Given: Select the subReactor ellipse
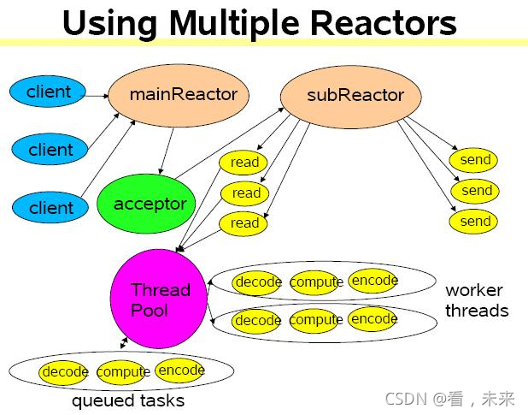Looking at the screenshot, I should (354, 94).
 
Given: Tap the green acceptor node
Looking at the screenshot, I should (150, 204).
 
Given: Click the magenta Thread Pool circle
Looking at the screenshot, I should (159, 298).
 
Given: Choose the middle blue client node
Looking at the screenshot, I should (50, 150).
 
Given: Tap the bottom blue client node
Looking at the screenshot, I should (50, 207).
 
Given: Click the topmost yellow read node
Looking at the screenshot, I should (244, 162).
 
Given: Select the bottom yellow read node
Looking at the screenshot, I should (244, 222).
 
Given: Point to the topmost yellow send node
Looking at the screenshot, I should (475, 160).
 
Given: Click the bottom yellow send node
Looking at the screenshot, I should (475, 221).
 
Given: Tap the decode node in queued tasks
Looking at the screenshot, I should (65, 372).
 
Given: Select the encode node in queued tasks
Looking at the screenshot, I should (180, 371).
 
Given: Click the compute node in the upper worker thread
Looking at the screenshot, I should (316, 282).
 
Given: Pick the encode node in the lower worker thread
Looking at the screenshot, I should (373, 319).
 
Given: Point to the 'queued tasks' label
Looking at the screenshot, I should (127, 400).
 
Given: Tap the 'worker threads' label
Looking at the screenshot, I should (476, 300).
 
